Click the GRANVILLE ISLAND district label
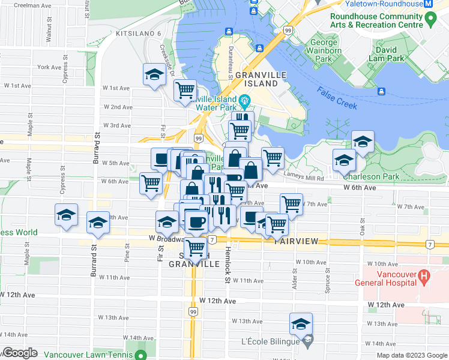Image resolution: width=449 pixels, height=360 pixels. point(256,79)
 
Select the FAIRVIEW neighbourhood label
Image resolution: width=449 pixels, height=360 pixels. point(300,241)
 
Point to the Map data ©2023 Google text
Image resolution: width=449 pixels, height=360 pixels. point(411,355)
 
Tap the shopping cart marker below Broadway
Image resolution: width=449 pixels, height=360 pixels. point(195,246)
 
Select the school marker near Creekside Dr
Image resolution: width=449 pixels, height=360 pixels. point(154,75)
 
